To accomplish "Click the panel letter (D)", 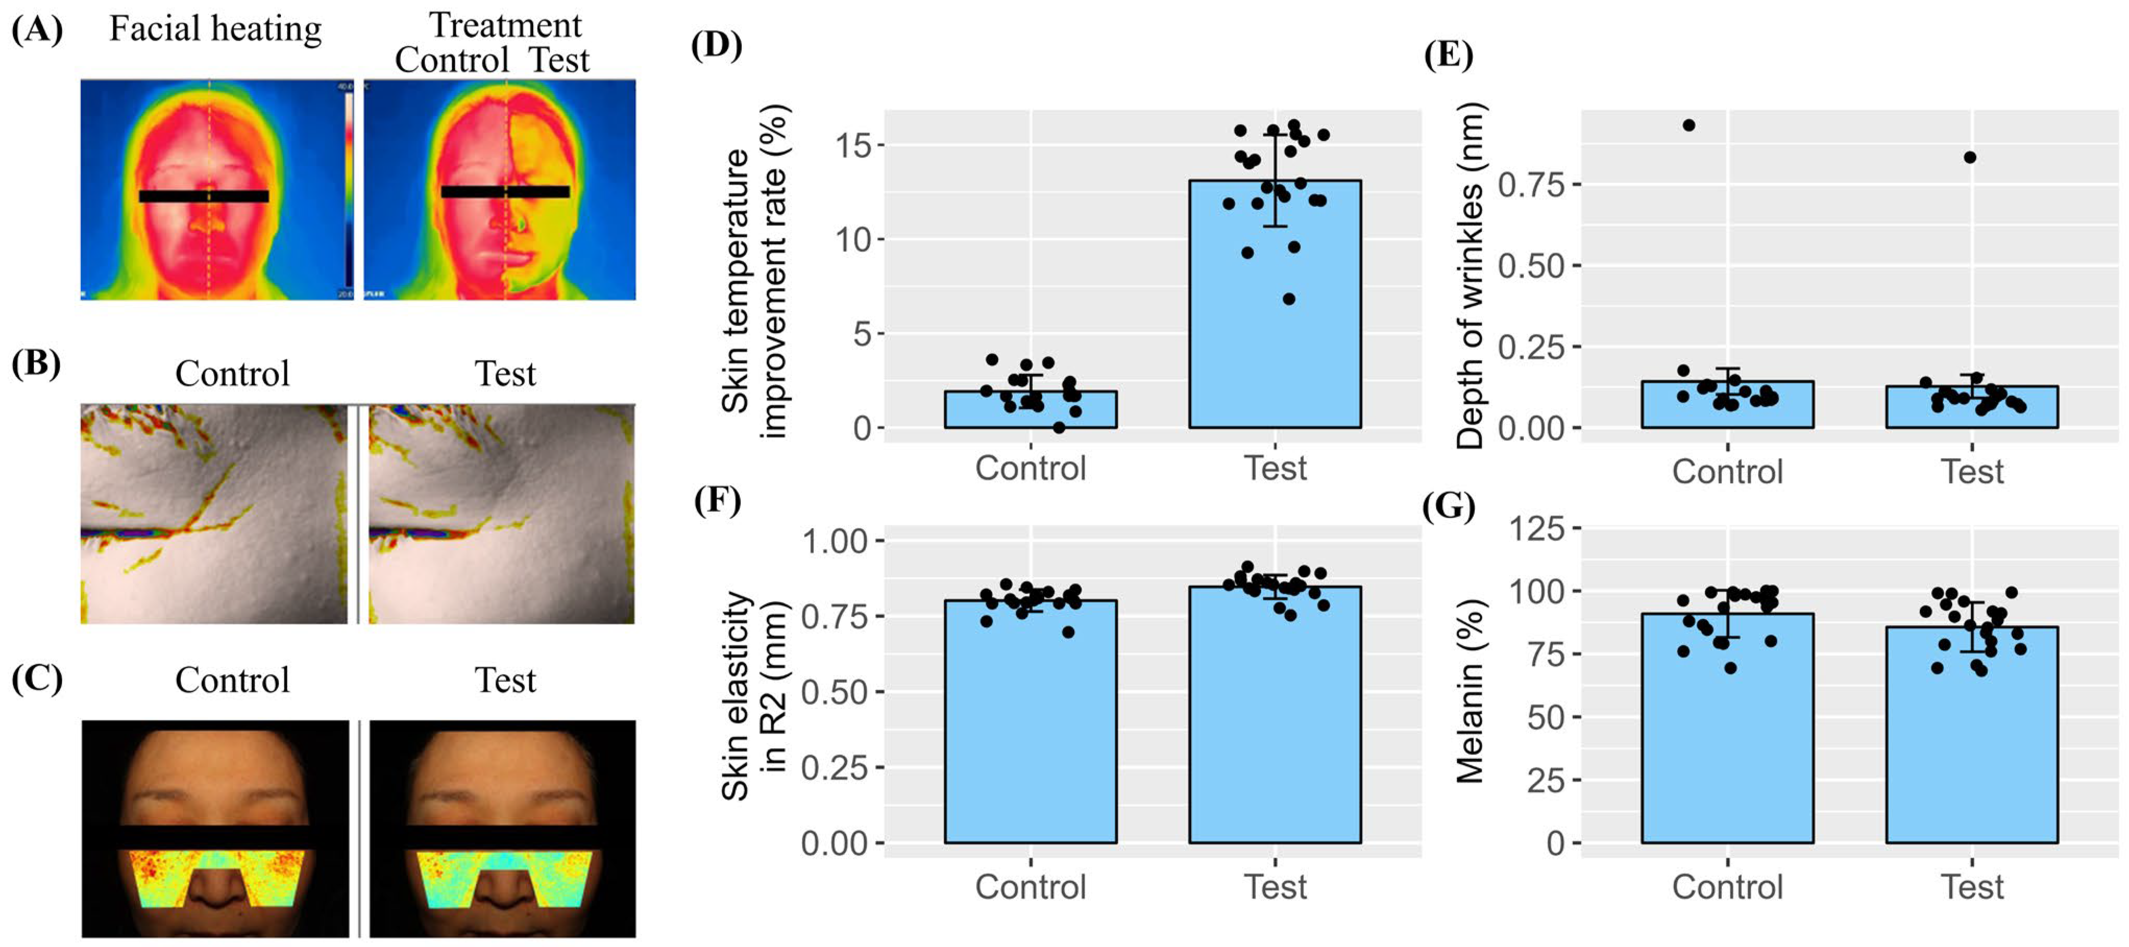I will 716,45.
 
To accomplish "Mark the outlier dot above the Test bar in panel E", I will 1971,157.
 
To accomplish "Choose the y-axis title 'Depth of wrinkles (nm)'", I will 1471,277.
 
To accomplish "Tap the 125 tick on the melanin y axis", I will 1537,528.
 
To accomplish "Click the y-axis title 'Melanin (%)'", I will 1471,691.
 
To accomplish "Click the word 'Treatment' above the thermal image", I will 505,25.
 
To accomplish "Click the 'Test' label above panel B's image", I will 505,374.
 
